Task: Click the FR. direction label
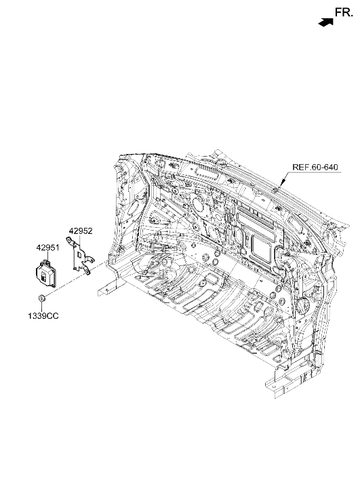click(x=344, y=12)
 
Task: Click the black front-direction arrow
click(x=325, y=22)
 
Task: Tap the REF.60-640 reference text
click(x=315, y=167)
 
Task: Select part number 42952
click(x=81, y=231)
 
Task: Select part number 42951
click(x=47, y=248)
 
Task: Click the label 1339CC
click(x=43, y=316)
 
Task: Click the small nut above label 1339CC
click(x=41, y=298)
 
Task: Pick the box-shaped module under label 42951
click(x=46, y=274)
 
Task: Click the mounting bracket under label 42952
click(x=79, y=256)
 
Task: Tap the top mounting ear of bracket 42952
click(x=69, y=241)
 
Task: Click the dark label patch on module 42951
click(x=43, y=275)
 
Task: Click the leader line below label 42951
click(x=47, y=256)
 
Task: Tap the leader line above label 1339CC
click(x=41, y=307)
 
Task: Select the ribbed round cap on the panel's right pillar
click(x=304, y=305)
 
